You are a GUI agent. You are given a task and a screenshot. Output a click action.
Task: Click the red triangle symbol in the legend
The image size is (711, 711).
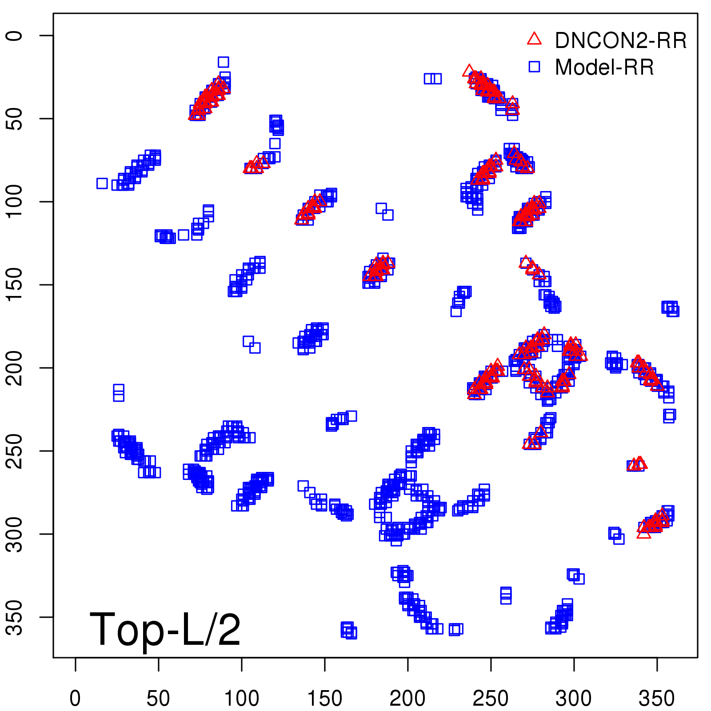coord(534,39)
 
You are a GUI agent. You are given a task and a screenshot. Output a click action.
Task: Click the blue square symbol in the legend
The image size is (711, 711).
coord(534,67)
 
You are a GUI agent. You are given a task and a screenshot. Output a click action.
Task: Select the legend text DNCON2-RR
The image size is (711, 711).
coord(620,41)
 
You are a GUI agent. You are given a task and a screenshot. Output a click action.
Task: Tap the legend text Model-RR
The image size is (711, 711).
coord(604,68)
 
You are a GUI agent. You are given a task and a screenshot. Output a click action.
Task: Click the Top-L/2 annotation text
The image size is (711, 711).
coord(165,629)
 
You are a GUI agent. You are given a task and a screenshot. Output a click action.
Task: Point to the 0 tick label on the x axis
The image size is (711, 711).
coord(75,699)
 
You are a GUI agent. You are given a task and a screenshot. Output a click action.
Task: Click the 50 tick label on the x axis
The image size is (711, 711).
coord(158,699)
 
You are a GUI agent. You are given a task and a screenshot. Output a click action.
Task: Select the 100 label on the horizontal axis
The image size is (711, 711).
coord(241,699)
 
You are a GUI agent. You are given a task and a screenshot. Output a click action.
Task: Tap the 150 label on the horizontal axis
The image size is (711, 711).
coord(324,699)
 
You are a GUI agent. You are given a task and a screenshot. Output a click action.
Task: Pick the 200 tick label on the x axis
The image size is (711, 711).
coord(407,699)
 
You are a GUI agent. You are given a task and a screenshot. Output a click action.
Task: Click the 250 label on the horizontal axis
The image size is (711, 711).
coord(491,699)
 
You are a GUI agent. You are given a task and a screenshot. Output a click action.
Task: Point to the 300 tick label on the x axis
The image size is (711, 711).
coord(574,699)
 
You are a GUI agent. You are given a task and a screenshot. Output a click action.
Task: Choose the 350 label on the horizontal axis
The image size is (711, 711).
coord(657,699)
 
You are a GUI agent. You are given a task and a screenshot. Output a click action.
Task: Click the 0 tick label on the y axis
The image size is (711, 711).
coord(15,36)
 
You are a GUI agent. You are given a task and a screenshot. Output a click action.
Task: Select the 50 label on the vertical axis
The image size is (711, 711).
coord(15,119)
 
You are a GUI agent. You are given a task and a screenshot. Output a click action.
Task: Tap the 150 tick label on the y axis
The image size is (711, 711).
coord(15,285)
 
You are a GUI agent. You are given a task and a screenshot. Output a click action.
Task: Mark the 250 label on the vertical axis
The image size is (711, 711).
coord(15,451)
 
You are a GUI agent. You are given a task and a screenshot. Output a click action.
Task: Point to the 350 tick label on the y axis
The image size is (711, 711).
coord(15,617)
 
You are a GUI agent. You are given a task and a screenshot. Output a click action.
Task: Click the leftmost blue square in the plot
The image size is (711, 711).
coord(102,183)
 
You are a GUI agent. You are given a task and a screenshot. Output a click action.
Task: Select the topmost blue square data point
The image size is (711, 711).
coord(223,62)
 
